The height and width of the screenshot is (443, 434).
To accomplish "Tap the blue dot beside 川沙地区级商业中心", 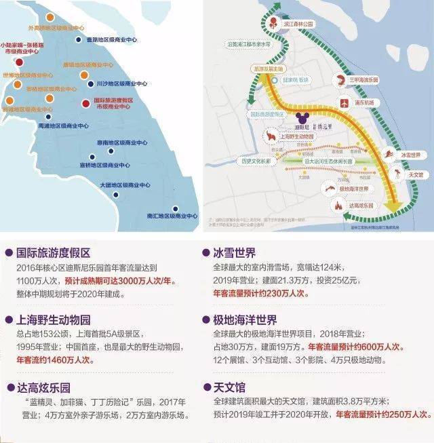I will tap(90, 84).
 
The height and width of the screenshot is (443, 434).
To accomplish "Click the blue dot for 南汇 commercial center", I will tap(176, 208).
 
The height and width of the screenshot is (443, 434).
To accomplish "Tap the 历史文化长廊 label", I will tap(257, 161).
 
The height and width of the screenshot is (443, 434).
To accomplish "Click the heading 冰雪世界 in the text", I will tap(236, 252).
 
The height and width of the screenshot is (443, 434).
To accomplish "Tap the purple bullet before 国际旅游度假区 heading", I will tap(7, 252).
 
